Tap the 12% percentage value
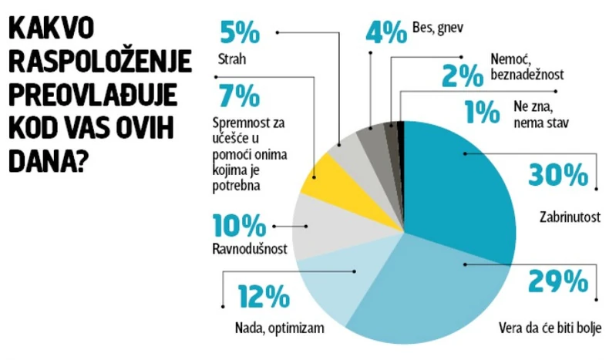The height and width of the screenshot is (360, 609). (x=263, y=297)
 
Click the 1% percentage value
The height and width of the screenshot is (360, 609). (x=483, y=113)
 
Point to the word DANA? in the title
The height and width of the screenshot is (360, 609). (x=45, y=163)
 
